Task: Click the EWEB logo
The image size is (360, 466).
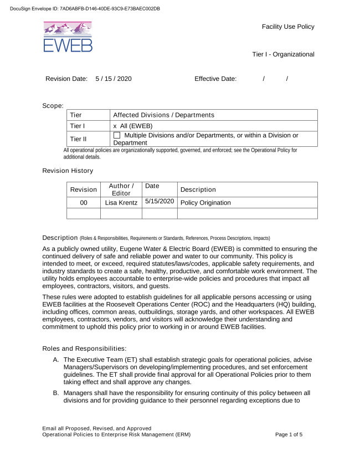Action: point(68,37)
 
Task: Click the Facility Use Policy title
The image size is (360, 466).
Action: point(288,27)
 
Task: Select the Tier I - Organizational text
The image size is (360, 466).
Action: point(283,54)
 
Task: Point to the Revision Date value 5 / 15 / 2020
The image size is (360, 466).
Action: point(114,79)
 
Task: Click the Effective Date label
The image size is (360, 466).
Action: point(215,79)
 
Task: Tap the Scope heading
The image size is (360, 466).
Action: point(53,105)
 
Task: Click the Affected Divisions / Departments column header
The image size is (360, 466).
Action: point(163,115)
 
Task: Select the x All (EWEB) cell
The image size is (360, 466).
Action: point(133,126)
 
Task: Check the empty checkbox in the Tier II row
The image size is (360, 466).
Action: point(117,136)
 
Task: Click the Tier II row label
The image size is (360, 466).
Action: point(78,139)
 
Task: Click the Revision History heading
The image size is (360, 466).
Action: point(68,171)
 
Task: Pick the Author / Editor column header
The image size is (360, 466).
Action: point(121,190)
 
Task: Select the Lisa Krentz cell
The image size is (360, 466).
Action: point(121,203)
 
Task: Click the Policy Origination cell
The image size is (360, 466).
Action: point(205,203)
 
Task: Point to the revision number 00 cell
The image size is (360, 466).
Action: point(84,203)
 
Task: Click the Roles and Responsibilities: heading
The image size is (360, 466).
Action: point(84,349)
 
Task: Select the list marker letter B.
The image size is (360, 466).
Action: point(56,392)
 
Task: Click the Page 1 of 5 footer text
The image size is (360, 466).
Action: point(289,434)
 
